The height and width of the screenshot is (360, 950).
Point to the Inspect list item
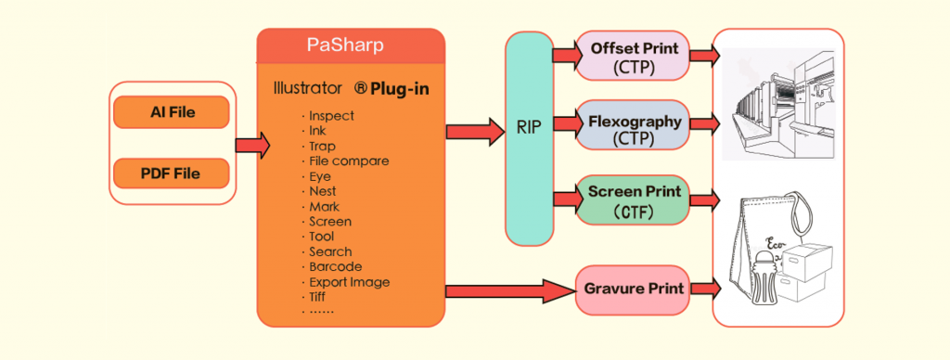(x=331, y=116)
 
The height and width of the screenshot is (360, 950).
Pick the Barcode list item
(x=335, y=266)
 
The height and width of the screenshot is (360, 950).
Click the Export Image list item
(x=349, y=281)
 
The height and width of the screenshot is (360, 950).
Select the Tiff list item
(x=321, y=296)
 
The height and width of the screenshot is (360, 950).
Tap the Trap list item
(x=322, y=146)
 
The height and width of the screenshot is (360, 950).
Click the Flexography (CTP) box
(x=634, y=129)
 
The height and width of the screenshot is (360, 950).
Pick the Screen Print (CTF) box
(x=634, y=199)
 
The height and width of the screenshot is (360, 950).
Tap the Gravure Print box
(x=634, y=289)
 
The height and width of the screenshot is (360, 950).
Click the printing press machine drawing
(x=779, y=107)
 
